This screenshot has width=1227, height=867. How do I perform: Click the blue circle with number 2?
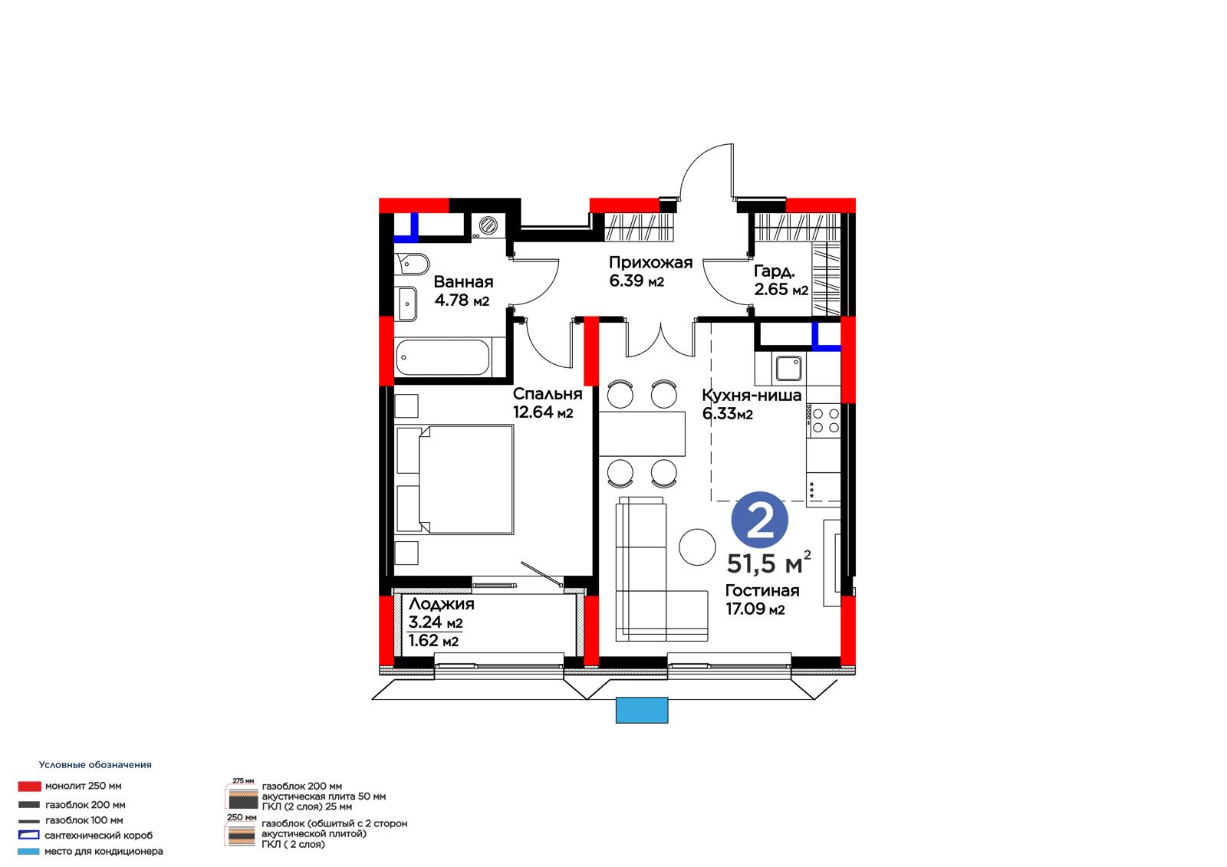click(759, 520)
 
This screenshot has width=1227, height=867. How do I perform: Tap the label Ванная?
click(463, 282)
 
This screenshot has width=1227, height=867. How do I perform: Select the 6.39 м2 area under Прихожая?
click(637, 281)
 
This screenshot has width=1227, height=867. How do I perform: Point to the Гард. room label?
click(774, 271)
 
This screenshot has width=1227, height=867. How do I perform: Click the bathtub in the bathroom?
click(442, 358)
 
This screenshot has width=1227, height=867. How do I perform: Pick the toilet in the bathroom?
click(412, 264)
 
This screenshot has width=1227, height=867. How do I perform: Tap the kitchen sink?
click(789, 369)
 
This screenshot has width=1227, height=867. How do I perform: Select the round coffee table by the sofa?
click(697, 547)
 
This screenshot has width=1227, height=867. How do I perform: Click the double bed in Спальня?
click(455, 479)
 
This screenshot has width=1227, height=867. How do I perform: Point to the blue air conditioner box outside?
click(641, 710)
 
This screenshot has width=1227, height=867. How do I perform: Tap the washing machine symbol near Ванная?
click(488, 225)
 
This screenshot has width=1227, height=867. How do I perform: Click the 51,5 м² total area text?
click(768, 563)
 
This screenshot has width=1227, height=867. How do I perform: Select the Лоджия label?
click(442, 604)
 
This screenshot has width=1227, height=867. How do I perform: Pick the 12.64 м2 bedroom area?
click(543, 412)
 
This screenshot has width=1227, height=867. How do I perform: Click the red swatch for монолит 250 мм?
click(30, 787)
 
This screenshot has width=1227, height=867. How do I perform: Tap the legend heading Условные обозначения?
click(95, 764)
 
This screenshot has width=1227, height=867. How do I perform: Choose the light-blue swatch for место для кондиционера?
click(28, 852)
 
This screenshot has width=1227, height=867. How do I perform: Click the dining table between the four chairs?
click(642, 433)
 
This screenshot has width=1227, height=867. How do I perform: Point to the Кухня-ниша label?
click(752, 395)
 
